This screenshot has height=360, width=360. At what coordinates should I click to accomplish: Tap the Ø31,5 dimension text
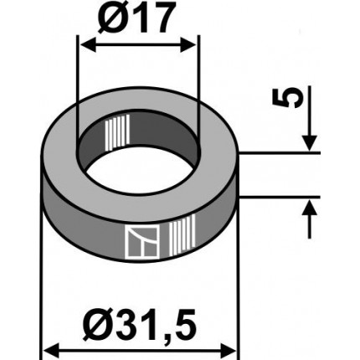pyautogui.click(x=141, y=321)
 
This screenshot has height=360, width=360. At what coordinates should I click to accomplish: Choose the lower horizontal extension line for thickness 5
pyautogui.click(x=280, y=198)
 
